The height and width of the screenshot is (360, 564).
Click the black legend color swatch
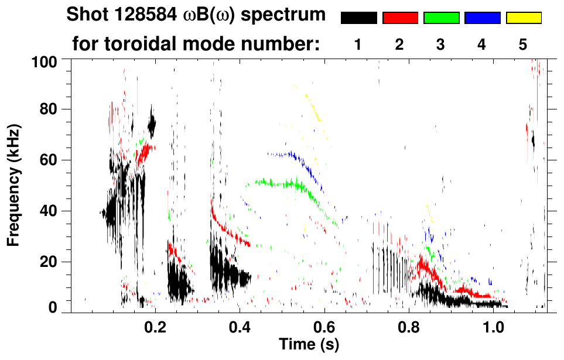[x=358, y=18]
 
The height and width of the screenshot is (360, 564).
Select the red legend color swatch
[x=400, y=18]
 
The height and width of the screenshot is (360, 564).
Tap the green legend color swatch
[x=441, y=18]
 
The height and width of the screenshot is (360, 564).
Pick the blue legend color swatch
[x=482, y=18]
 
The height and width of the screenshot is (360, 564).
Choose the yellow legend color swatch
[x=524, y=18]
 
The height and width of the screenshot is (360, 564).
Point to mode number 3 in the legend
[x=441, y=44]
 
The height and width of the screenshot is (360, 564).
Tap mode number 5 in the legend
[x=523, y=44]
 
